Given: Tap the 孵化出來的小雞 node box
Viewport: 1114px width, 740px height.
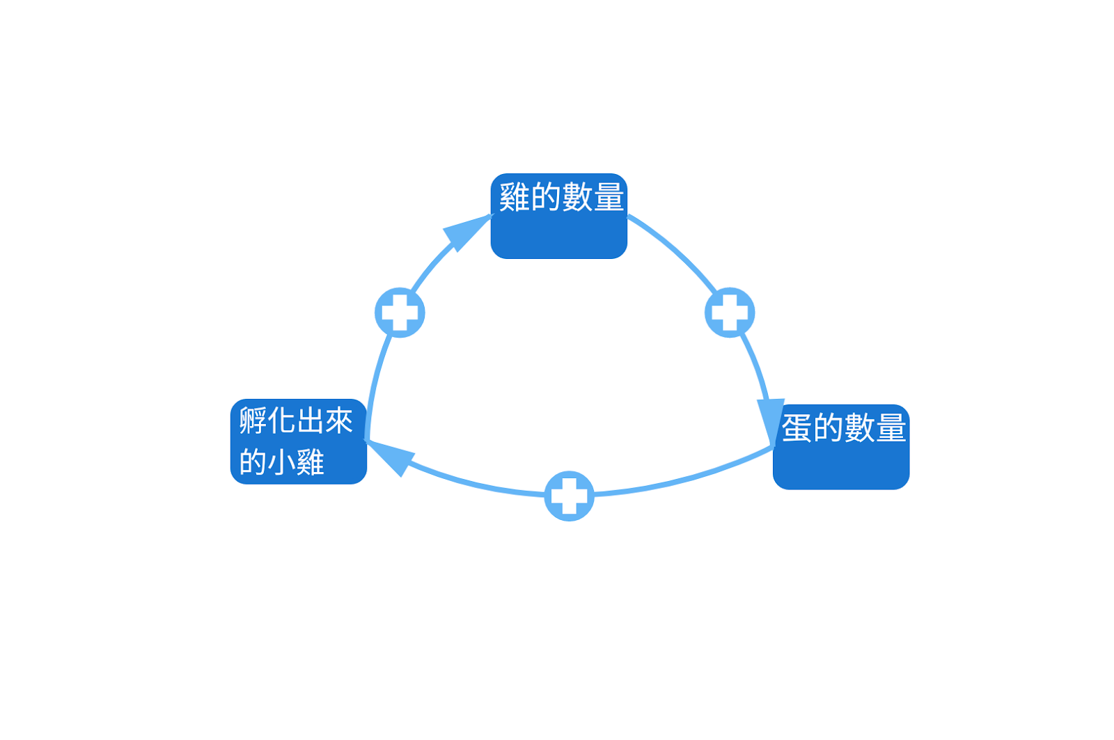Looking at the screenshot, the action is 298,441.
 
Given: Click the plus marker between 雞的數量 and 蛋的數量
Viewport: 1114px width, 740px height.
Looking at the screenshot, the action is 730,313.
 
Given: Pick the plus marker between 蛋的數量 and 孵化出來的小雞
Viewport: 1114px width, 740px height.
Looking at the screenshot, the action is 569,496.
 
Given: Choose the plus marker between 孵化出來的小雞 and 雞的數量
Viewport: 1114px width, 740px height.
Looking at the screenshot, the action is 400,313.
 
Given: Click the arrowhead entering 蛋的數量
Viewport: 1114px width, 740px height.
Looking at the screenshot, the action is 770,420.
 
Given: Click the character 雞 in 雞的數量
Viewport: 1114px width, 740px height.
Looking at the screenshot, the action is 515,197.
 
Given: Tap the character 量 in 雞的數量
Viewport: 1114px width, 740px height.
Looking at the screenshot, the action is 609,197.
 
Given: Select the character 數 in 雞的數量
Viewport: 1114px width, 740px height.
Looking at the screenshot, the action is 577,197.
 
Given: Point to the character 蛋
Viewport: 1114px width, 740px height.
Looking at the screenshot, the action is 797,427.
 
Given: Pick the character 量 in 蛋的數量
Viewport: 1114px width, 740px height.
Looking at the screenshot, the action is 891,427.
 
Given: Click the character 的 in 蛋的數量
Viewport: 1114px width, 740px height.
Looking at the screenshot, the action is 828,427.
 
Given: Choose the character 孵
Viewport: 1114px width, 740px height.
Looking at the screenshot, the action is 253,420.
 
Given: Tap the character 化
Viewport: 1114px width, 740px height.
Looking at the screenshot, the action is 282,420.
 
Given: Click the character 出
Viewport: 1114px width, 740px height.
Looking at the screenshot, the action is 311,420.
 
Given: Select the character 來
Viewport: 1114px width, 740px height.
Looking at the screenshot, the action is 339,420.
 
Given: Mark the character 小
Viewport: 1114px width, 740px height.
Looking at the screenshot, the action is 282,462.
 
